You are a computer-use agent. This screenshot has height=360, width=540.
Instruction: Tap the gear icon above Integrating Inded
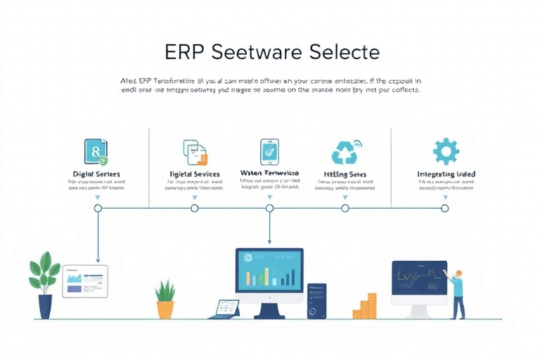coord(446,151)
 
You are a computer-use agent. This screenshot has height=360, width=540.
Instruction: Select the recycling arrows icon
coord(345,151)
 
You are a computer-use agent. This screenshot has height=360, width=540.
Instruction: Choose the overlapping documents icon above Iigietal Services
coord(195,151)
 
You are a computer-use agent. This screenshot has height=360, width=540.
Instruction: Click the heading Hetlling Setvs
coord(345,174)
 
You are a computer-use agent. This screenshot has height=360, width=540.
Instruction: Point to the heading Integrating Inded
coord(446,174)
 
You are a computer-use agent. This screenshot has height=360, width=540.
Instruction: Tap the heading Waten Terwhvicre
coord(269,173)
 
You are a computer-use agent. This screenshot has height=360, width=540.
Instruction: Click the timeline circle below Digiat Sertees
coord(98,208)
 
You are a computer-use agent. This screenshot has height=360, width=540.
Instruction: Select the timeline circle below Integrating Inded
coord(444,208)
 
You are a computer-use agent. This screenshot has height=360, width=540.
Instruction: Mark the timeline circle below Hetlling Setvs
coord(345,208)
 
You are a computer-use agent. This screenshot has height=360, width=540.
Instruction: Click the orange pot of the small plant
coord(165,309)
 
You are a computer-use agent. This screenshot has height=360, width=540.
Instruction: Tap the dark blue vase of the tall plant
coord(45,305)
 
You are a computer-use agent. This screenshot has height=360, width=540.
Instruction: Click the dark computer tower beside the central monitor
coord(316,301)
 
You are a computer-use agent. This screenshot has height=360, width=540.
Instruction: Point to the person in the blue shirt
coord(458,292)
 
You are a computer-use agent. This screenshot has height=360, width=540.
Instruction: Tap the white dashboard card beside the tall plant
coord(84,281)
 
